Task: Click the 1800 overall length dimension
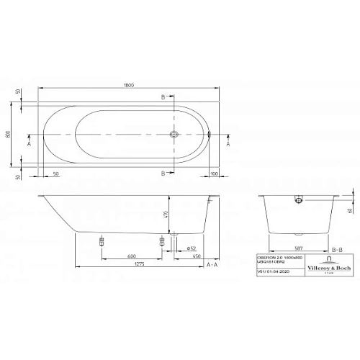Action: pyautogui.click(x=128, y=84)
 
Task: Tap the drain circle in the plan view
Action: pyautogui.click(x=173, y=135)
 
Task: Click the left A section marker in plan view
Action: pyautogui.click(x=29, y=143)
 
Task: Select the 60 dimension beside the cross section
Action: pyautogui.click(x=350, y=210)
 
